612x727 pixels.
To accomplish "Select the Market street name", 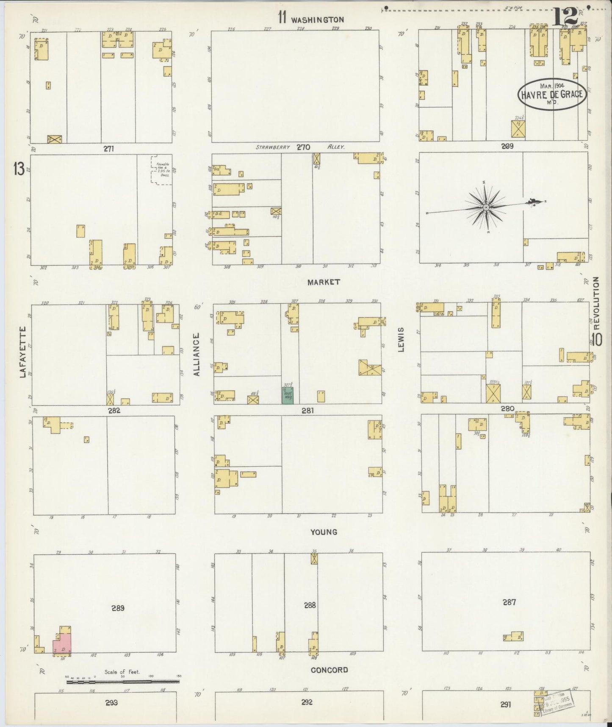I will tap(324, 282).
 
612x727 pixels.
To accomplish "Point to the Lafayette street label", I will tap(22, 352).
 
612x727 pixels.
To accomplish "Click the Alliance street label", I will tap(196, 355).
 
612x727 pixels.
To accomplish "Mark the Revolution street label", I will tap(596, 303).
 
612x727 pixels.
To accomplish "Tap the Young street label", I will tap(324, 532).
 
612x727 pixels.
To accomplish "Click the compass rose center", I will tap(486, 207).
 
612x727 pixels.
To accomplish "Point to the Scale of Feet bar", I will tap(122, 682).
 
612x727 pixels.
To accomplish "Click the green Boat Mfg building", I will tap(288, 395).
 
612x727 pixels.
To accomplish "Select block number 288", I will tap(310, 605).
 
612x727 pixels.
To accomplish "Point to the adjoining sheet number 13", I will tap(19, 170).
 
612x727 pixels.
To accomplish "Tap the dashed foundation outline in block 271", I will tap(162, 170).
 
